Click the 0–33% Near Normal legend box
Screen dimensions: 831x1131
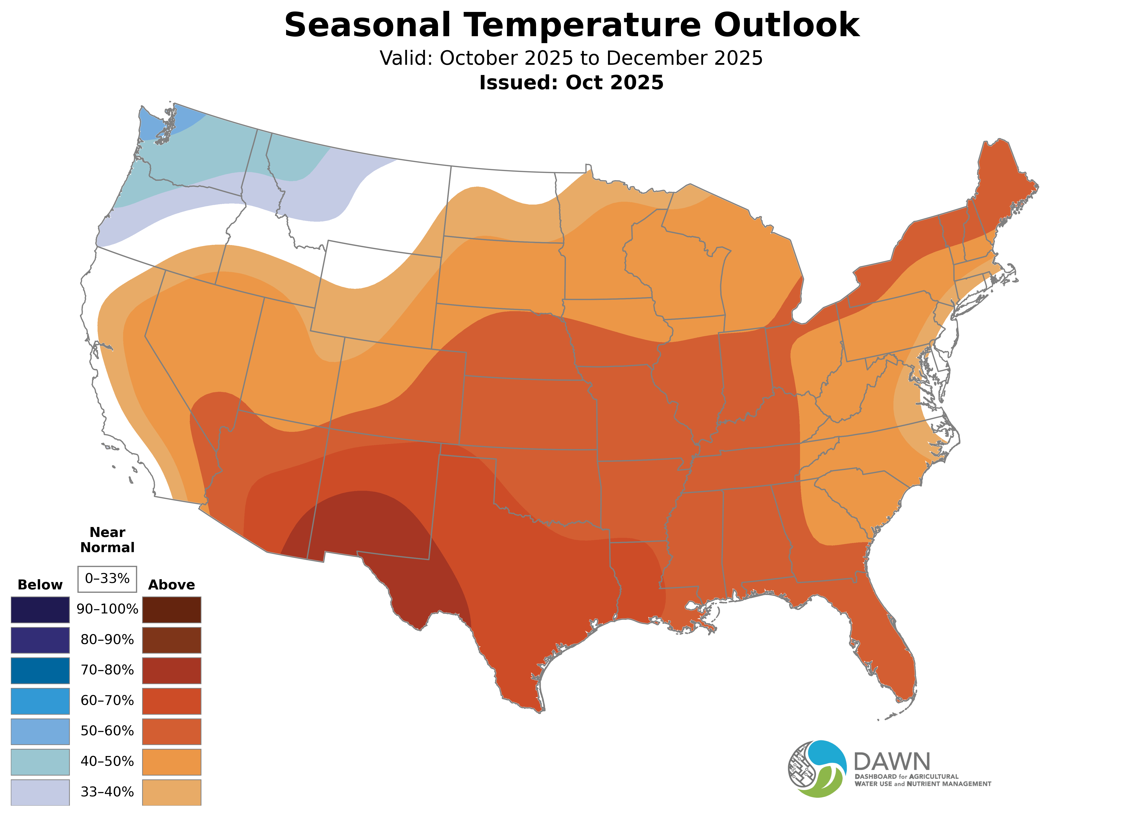[107, 579]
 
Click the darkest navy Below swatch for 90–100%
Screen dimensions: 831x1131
[40, 610]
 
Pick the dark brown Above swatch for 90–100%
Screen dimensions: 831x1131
[172, 610]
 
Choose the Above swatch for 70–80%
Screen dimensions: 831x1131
[172, 670]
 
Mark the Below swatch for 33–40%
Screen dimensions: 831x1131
[40, 792]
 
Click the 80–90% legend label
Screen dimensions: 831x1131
[107, 640]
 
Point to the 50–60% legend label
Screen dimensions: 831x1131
[107, 731]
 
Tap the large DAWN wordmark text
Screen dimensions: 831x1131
[891, 762]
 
